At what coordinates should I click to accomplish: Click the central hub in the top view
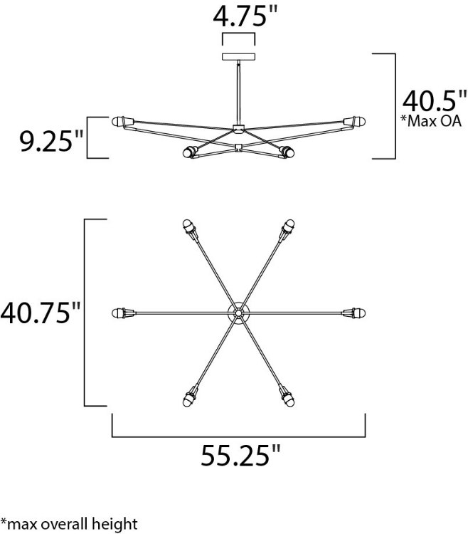click(239, 313)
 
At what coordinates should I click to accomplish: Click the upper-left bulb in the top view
click(188, 228)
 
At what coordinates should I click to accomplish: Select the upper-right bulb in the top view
click(289, 228)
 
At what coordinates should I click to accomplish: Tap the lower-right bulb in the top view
click(289, 396)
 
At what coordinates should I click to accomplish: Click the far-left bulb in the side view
click(119, 120)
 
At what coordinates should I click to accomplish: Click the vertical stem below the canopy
click(239, 93)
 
